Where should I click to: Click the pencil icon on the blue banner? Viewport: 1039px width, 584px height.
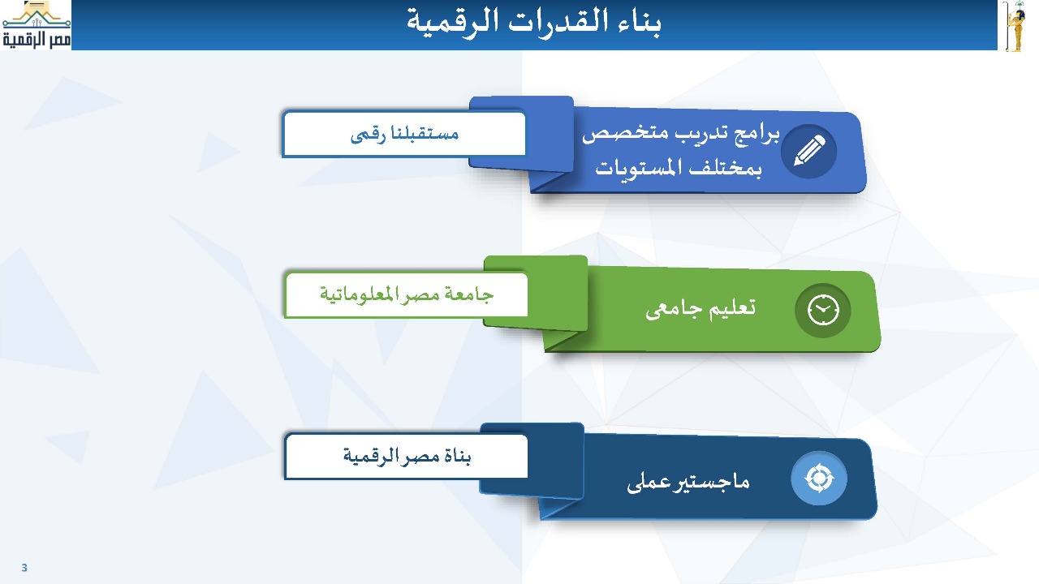coord(809,151)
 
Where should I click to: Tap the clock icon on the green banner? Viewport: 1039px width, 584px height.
coord(823,310)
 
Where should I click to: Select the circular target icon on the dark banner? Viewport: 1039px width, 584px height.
coord(819,478)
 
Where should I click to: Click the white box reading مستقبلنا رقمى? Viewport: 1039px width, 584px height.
coord(404,134)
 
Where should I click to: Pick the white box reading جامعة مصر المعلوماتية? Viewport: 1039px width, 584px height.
coord(407,294)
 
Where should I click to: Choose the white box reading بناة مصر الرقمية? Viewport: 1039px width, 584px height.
coord(407,456)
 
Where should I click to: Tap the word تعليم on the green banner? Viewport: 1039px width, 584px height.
coord(732,307)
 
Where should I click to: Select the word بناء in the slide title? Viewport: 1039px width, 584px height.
coord(639,22)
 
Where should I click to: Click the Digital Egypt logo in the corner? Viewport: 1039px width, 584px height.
coord(37,24)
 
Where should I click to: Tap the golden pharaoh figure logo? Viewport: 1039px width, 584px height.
coord(1016,26)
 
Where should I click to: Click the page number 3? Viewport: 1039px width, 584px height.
coord(24,568)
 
